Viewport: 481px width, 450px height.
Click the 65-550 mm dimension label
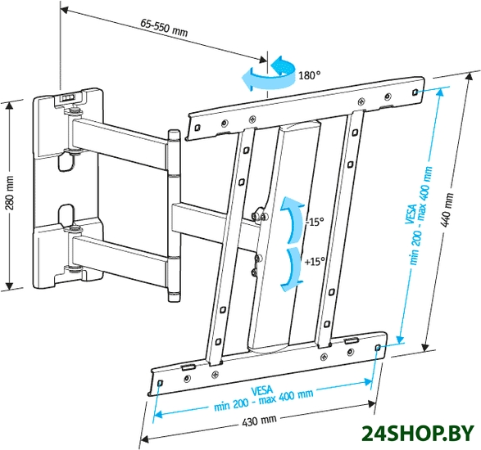[x=164, y=28]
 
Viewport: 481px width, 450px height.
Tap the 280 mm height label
[x=10, y=193]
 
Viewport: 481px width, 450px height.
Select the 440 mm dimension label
[x=447, y=210]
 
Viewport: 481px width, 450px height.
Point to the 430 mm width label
[x=259, y=421]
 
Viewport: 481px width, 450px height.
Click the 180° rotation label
[x=309, y=75]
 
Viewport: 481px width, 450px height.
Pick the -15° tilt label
[x=315, y=222]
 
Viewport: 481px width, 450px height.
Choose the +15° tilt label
[x=315, y=262]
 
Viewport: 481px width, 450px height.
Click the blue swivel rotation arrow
[x=269, y=74]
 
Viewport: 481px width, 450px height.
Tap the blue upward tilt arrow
[x=293, y=219]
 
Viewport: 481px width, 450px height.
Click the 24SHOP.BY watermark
[x=419, y=434]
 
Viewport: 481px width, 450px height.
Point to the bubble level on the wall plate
[x=68, y=97]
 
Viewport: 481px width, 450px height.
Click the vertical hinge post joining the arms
[x=174, y=215]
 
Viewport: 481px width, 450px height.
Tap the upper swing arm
[x=120, y=142]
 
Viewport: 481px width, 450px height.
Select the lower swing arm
[x=120, y=257]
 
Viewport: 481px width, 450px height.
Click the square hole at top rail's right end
[x=415, y=92]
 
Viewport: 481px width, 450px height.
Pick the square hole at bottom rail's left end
[x=160, y=383]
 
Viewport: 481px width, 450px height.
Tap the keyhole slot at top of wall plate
[x=66, y=161]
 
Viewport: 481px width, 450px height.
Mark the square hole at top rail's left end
[x=197, y=127]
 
